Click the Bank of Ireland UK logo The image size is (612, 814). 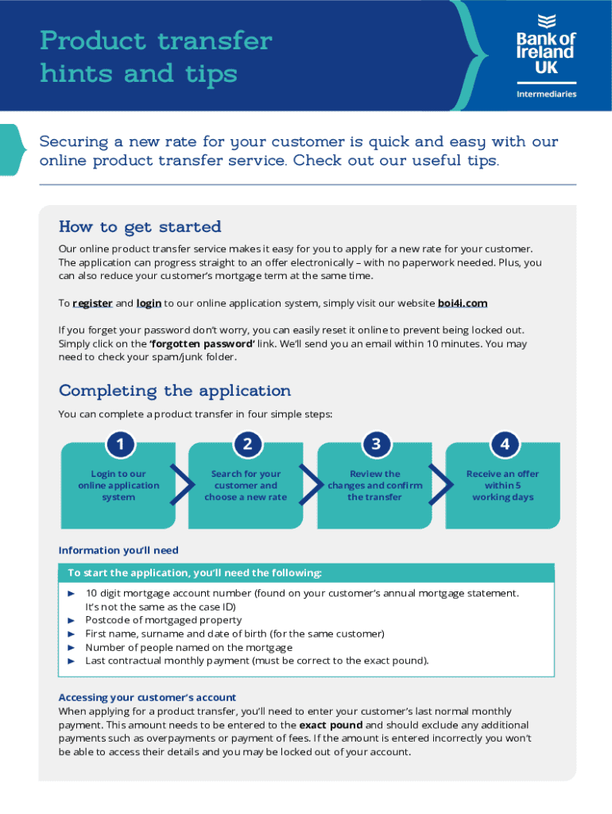(545, 46)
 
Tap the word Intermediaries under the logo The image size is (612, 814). (546, 94)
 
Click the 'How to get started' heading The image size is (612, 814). (140, 227)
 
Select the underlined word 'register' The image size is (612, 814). (92, 303)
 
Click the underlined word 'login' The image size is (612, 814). (149, 303)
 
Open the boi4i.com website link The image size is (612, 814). (463, 303)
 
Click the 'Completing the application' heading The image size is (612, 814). (175, 390)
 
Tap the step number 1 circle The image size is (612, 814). (119, 444)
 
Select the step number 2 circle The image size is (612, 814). (247, 444)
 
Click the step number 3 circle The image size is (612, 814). (376, 444)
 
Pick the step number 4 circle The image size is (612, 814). (504, 444)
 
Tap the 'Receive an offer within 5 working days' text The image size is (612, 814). (502, 486)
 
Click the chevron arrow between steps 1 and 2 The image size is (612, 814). (182, 486)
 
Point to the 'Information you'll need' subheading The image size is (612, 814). (118, 550)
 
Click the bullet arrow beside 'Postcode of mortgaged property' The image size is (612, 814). (71, 620)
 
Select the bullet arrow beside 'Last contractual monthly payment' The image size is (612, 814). (71, 661)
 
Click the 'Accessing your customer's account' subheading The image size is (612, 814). (147, 697)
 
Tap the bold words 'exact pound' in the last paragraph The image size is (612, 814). (331, 725)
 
